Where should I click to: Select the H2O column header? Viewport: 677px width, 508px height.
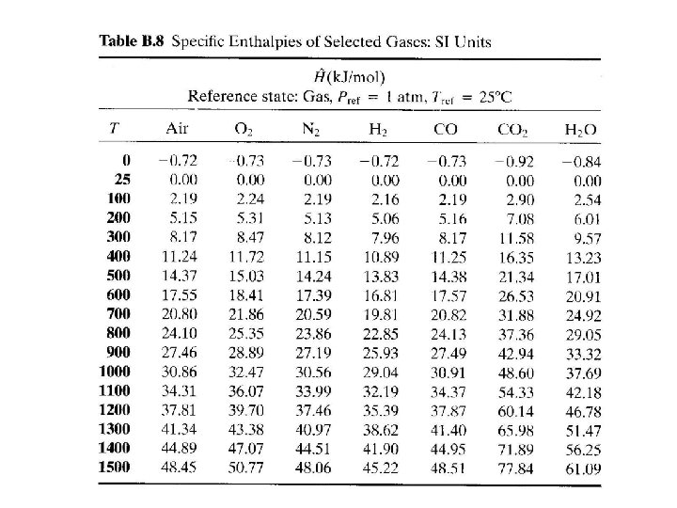(580, 130)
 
